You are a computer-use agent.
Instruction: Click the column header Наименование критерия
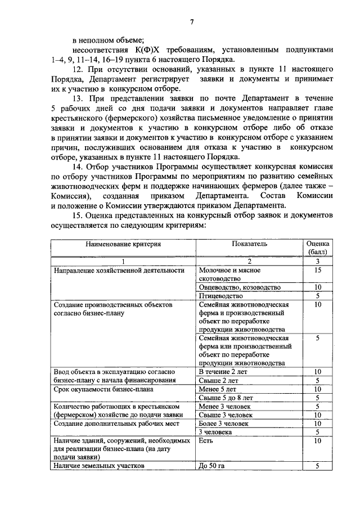tap(123, 244)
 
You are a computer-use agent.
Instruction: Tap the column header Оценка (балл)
tap(317, 248)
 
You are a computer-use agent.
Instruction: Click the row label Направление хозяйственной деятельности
tap(119, 271)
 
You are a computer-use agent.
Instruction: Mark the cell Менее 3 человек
tap(224, 406)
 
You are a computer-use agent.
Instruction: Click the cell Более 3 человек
tap(224, 423)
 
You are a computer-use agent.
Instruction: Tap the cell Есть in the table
tap(205, 440)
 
